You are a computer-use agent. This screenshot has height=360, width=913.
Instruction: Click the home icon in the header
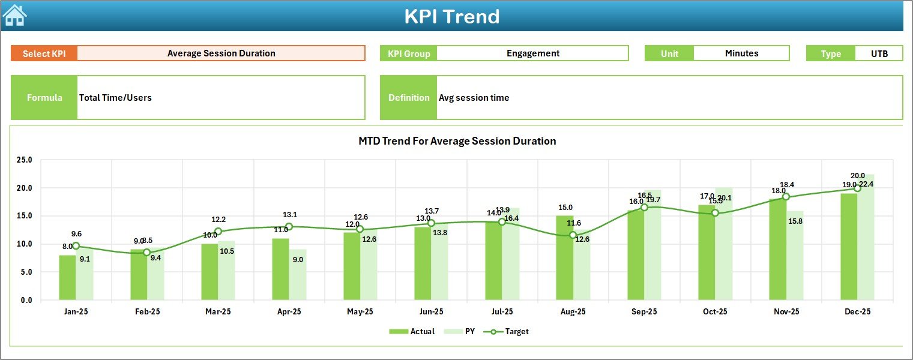point(14,16)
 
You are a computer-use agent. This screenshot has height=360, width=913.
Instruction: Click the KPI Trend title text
point(451,16)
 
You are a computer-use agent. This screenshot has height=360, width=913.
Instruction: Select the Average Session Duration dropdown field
point(221,53)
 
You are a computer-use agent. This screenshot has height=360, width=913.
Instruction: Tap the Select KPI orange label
point(44,53)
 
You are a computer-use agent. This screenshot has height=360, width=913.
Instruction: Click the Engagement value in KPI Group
point(532,53)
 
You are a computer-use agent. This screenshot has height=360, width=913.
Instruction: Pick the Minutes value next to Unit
point(741,53)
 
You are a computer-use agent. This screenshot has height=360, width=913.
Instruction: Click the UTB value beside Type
point(879,53)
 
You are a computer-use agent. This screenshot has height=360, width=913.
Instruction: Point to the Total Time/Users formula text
point(115,98)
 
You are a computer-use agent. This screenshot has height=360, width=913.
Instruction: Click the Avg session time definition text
point(474,98)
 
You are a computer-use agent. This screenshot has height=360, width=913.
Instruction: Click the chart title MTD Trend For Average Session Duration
point(457,141)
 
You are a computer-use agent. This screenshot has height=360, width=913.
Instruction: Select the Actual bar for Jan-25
point(67,277)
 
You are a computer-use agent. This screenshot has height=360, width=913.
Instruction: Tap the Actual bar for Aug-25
point(564,258)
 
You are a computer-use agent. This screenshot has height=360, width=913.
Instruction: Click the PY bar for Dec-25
point(866,238)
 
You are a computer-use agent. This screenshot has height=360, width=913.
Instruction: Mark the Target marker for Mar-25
point(218,232)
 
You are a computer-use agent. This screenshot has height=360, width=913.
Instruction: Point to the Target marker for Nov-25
point(786,197)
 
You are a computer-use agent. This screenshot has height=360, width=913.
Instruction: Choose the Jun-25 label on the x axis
point(431,312)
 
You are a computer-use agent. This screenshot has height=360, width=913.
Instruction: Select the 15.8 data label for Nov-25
point(796,221)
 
